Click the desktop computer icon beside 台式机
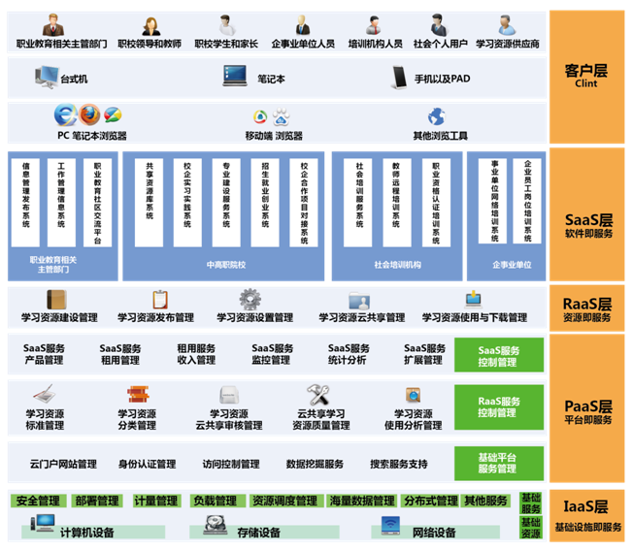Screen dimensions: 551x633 tap(46, 76)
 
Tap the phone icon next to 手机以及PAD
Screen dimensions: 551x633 tap(400, 76)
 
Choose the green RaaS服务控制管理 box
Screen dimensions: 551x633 tap(499, 406)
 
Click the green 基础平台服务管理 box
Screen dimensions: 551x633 tap(499, 463)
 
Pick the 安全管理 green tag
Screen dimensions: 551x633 tap(39, 502)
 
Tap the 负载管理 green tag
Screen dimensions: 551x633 tap(215, 502)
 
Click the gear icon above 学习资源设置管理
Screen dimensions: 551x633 tap(250, 299)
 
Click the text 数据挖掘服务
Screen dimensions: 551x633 tap(315, 464)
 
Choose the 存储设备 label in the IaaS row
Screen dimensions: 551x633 tap(259, 532)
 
